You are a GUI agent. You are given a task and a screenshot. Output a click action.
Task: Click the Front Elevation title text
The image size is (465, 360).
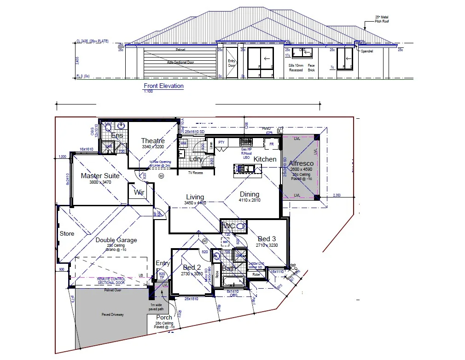tap(163, 86)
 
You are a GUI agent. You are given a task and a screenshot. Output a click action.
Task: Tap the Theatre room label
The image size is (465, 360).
tap(153, 141)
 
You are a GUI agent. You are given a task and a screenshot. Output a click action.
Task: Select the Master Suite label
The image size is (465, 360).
tap(100, 176)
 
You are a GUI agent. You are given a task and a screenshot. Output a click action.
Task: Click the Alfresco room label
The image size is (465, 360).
tap(301, 163)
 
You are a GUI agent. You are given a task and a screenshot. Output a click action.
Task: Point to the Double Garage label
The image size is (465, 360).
tap(116, 240)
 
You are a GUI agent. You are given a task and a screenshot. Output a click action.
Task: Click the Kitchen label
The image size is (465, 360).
tap(265, 159)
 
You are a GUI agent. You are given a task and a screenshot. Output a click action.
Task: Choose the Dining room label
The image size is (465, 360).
tap(249, 194)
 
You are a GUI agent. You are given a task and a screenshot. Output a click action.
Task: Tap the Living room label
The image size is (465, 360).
tap(195, 197)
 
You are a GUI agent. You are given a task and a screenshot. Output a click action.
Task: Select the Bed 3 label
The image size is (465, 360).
tap(267, 238)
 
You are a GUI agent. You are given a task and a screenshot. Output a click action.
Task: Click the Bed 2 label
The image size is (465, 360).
tap(192, 267)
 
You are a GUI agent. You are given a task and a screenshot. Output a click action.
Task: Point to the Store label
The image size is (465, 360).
tap(67, 234)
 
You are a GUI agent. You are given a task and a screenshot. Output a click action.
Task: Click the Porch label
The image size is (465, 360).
tap(164, 317)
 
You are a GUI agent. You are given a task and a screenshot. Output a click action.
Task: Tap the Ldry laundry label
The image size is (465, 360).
tap(196, 159)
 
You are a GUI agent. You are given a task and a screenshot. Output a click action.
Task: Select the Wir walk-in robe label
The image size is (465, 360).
tap(139, 193)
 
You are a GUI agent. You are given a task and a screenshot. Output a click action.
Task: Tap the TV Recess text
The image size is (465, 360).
tap(196, 173)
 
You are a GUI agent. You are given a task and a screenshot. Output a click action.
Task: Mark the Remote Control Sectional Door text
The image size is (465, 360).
tap(110, 281)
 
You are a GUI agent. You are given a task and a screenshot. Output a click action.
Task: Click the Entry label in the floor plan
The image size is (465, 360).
tap(163, 263)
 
